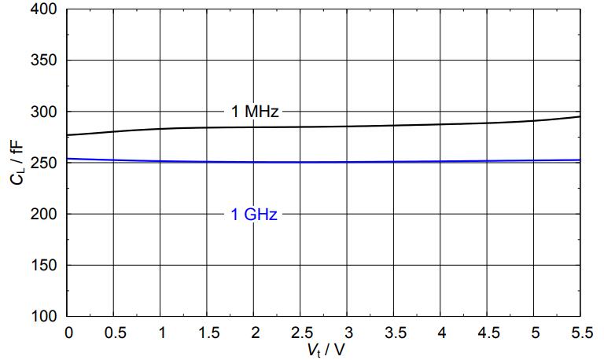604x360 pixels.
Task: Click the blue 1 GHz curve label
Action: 254,214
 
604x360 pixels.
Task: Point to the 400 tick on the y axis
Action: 44,10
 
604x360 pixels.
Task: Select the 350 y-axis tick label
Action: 44,61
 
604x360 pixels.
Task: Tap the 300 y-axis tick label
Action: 44,112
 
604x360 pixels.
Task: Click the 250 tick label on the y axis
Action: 44,163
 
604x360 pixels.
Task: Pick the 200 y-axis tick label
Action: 44,214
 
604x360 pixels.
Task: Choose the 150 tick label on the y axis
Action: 44,265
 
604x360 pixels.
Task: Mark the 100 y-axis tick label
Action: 44,316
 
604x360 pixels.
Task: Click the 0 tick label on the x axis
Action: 68,332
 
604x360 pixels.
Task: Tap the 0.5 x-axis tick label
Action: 115,332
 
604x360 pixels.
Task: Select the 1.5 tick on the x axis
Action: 208,332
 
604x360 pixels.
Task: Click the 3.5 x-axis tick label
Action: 395,332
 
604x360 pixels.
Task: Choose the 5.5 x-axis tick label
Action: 581,332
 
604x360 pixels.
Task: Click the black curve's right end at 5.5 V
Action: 580,116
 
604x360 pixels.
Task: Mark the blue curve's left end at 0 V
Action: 69,159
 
